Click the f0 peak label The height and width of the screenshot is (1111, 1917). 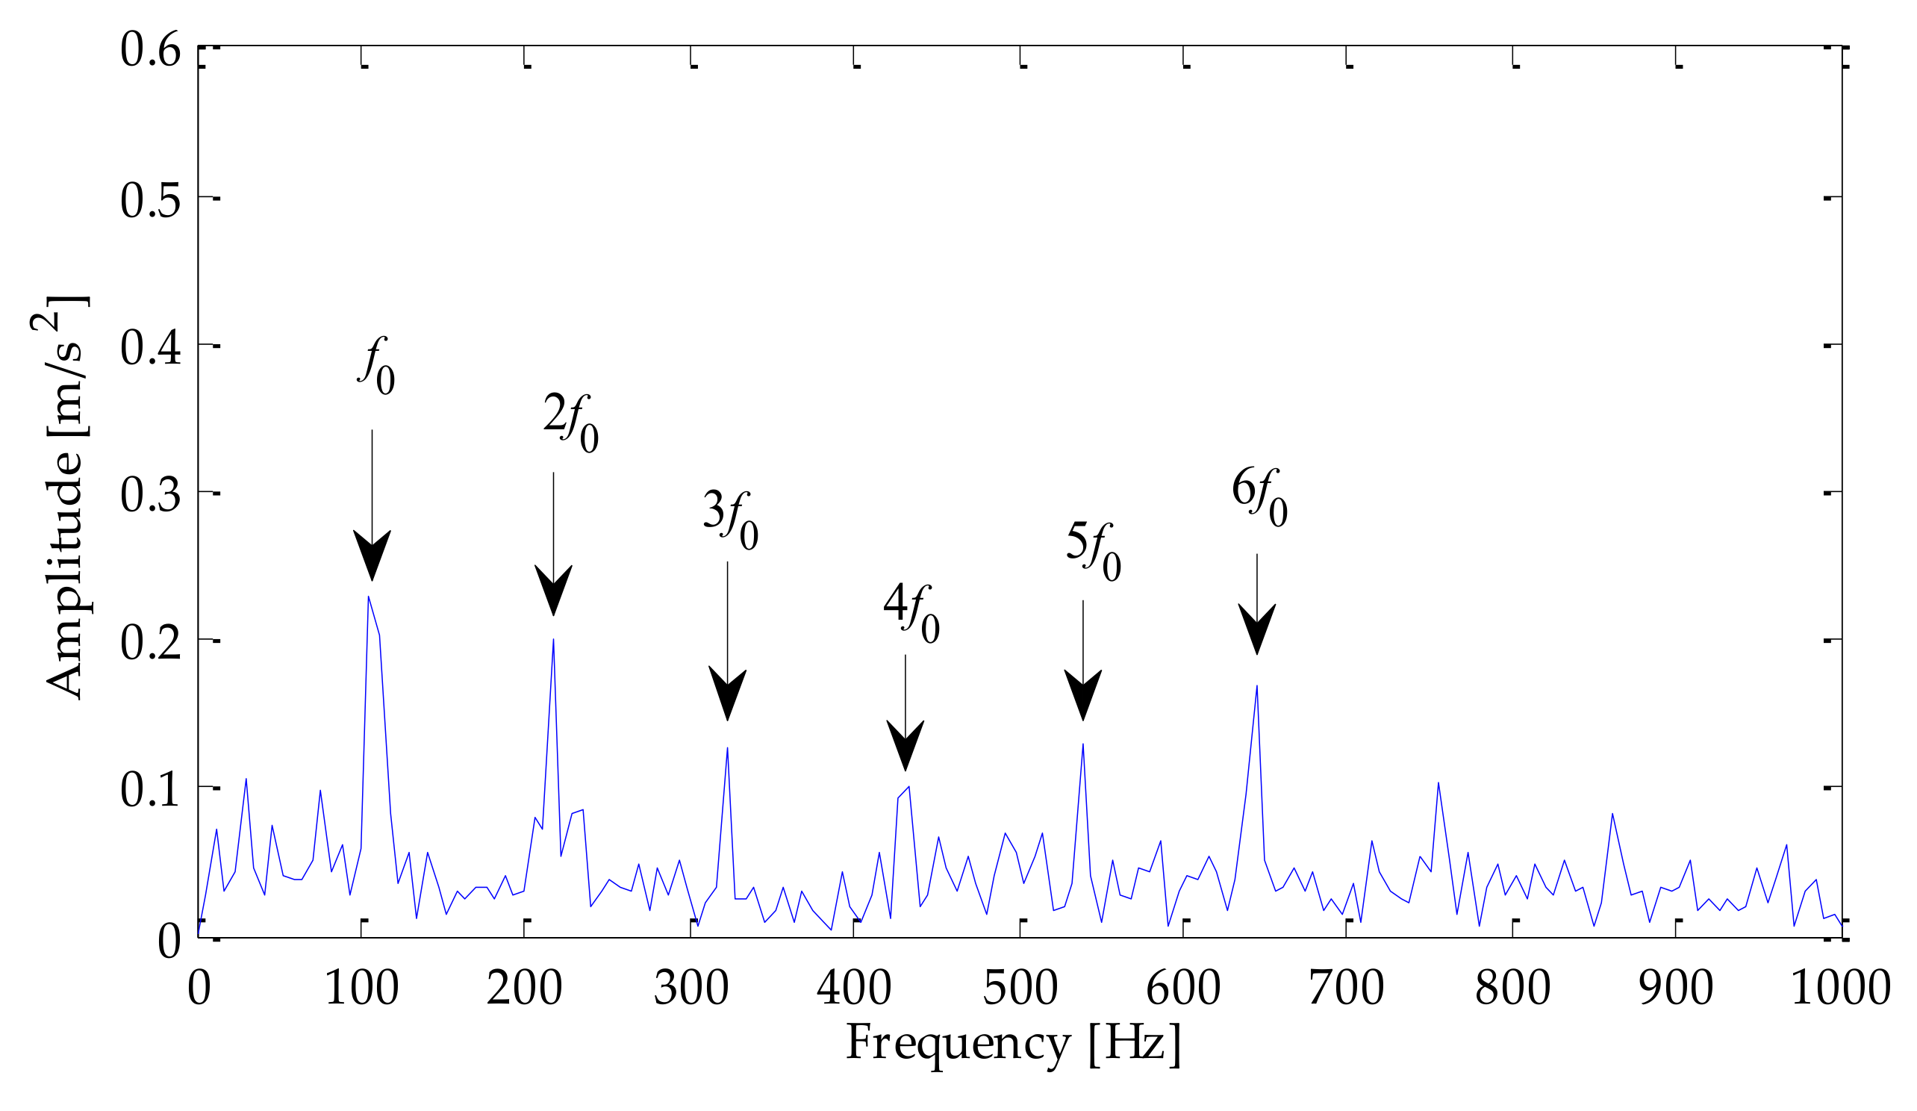[376, 367]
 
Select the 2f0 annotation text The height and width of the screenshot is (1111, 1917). [570, 424]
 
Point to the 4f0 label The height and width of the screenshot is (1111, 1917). [911, 613]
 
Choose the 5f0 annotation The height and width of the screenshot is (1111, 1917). [1093, 552]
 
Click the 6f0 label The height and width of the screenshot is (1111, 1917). [1260, 498]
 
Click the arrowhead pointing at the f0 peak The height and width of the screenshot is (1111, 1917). [372, 554]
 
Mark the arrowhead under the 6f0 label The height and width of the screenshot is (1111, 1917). [1256, 627]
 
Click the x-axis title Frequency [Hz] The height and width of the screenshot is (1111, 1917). [1013, 1042]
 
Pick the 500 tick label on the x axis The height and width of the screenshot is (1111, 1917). [1020, 989]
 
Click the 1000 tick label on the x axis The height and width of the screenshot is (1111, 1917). [1841, 989]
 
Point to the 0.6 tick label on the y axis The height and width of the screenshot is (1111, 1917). [151, 51]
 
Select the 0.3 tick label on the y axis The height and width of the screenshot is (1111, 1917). [151, 494]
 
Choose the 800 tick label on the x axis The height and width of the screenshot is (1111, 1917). [1512, 989]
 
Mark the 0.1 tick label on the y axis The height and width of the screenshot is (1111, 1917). [151, 789]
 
